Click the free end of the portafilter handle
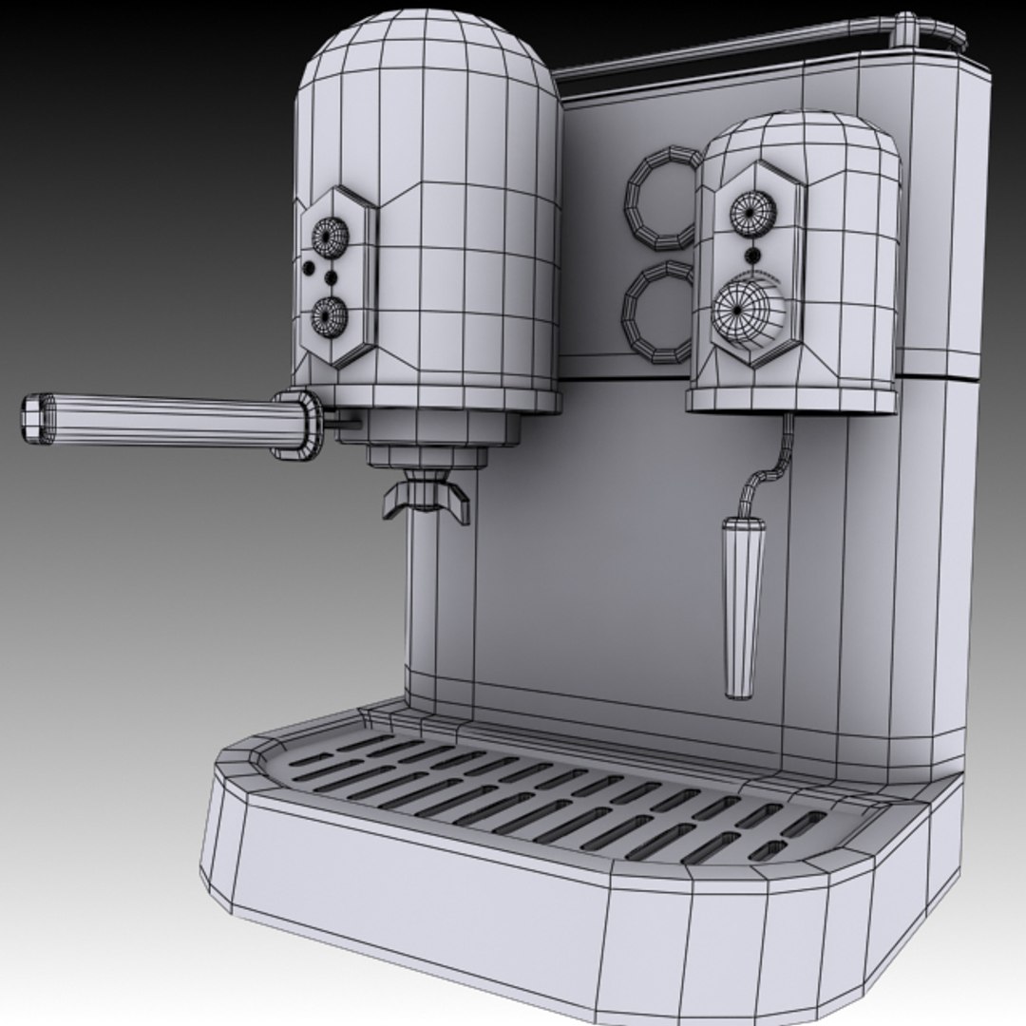(32, 418)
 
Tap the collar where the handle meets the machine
(296, 424)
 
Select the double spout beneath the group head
(426, 500)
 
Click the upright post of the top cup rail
(905, 30)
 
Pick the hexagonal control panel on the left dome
(337, 275)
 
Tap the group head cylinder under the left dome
(445, 432)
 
